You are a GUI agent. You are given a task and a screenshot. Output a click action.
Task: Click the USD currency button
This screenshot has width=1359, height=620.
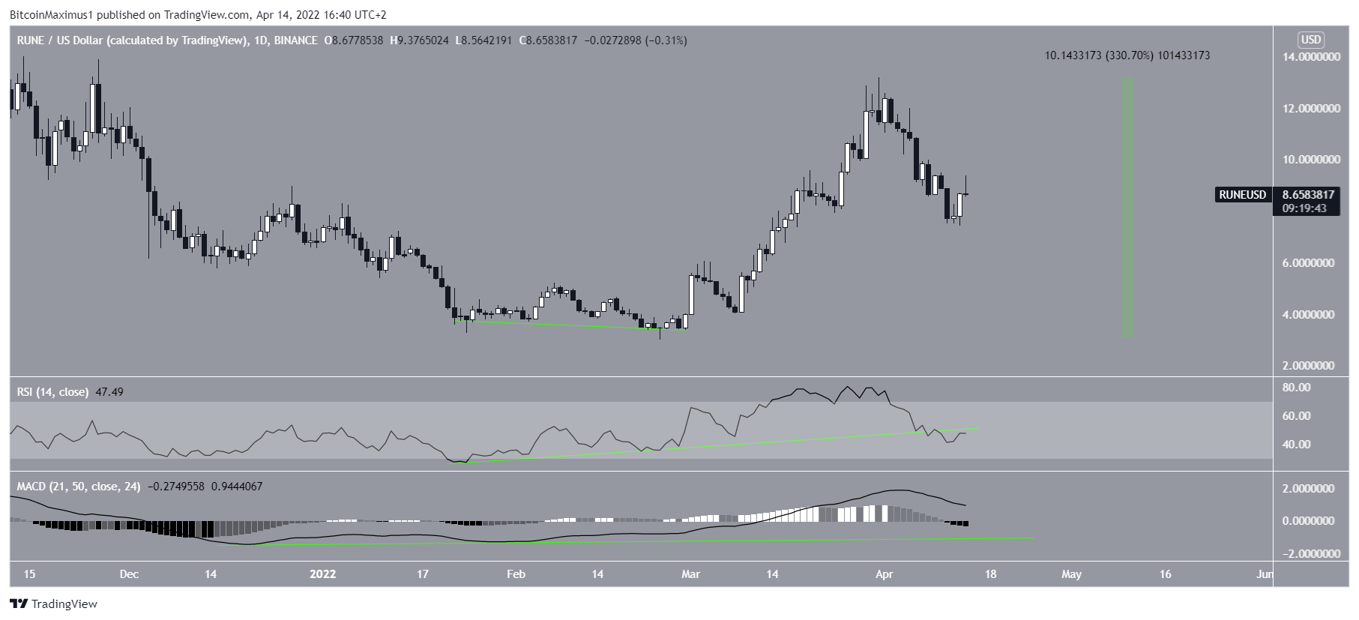tap(1311, 40)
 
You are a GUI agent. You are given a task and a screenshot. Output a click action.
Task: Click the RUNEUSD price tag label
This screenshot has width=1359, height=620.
tap(1242, 195)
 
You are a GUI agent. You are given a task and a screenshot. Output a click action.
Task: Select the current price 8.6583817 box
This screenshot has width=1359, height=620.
tap(1309, 195)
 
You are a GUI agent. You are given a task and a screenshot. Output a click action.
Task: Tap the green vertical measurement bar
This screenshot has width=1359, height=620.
tap(1127, 208)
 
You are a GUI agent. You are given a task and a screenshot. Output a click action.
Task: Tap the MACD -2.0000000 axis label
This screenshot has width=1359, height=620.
tap(1308, 554)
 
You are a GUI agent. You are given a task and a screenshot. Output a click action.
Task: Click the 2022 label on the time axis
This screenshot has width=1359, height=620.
tap(322, 575)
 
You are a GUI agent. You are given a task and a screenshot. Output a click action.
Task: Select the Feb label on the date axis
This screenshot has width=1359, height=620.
tap(516, 575)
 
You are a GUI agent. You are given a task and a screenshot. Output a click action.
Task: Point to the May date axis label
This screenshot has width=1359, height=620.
tap(1071, 575)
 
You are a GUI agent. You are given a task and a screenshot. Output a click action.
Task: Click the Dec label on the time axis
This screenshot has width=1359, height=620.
tap(129, 575)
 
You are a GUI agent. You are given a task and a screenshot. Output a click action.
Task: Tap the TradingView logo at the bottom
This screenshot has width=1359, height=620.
tap(53, 604)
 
